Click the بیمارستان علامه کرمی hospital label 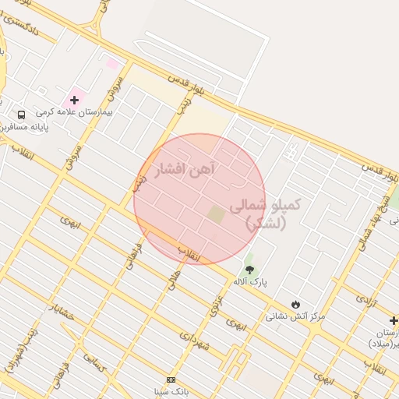(x=75, y=112)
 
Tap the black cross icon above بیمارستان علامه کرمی (x=75, y=100)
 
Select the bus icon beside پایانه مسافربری (x=21, y=112)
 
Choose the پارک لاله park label (x=249, y=281)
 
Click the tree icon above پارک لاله (x=249, y=269)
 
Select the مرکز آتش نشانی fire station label (x=295, y=316)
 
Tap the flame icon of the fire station (x=295, y=304)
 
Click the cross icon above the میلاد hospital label (x=394, y=320)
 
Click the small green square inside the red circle (x=216, y=213)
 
